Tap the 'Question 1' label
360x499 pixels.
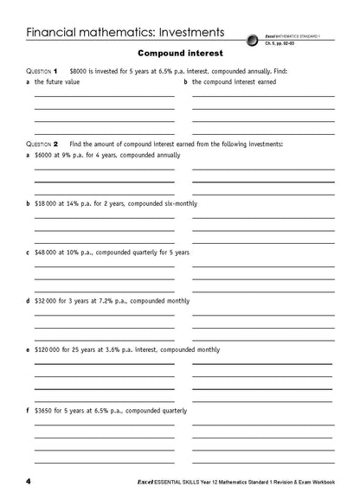pos(42,70)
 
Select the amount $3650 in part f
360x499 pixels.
pos(44,410)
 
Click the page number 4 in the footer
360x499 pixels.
pos(29,480)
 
